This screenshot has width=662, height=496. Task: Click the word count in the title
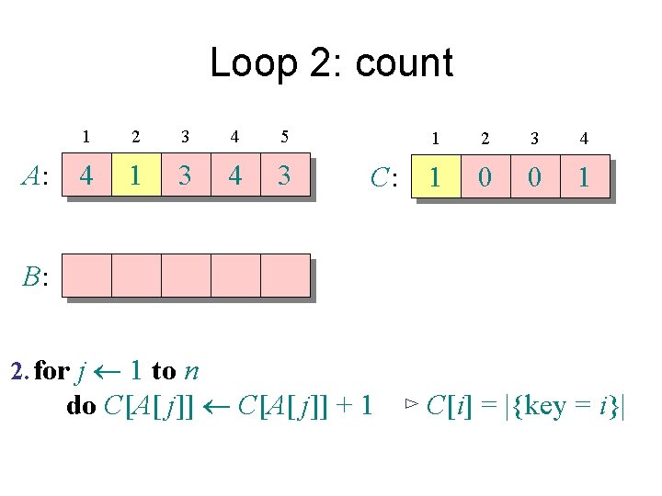[404, 63]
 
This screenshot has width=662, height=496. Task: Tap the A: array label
[36, 176]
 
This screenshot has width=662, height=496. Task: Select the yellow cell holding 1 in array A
[136, 175]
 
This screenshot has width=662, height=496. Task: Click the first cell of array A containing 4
[86, 175]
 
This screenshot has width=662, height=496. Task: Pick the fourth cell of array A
[235, 175]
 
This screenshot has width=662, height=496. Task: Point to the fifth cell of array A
[285, 175]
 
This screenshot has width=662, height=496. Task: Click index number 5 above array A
[285, 138]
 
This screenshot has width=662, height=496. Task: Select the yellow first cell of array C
[435, 177]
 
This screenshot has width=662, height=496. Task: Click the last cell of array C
[584, 177]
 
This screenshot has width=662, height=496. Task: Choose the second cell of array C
[485, 177]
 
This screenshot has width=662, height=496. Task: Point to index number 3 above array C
[534, 139]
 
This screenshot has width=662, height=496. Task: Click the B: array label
[36, 276]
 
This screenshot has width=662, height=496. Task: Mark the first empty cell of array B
[86, 276]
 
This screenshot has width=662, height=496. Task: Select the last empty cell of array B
[285, 276]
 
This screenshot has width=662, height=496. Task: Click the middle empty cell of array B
[186, 276]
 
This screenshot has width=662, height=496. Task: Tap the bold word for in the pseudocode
[52, 371]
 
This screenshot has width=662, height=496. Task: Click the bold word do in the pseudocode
[81, 405]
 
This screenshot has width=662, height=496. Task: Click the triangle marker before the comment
[412, 404]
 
